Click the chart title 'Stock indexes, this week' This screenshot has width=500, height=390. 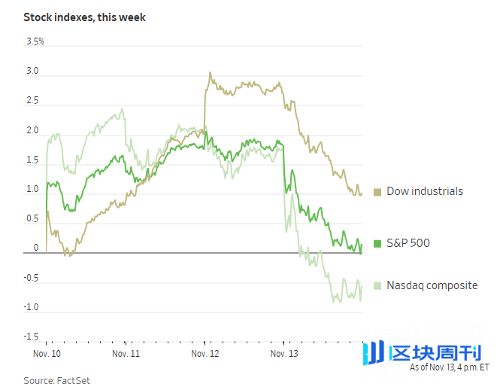click(x=85, y=17)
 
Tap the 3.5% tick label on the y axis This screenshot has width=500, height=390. click(x=35, y=41)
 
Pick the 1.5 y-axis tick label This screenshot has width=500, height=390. click(x=32, y=160)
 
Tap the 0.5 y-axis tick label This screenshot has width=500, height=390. click(x=32, y=219)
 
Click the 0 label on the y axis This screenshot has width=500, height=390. click(x=35, y=248)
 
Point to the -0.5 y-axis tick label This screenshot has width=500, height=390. click(x=31, y=278)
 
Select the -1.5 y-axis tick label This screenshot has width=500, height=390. click(x=31, y=337)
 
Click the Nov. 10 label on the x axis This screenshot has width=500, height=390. click(x=47, y=352)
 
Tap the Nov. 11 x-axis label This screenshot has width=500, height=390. click(x=126, y=352)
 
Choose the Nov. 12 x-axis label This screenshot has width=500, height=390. click(x=205, y=352)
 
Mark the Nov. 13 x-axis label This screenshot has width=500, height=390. click(x=283, y=352)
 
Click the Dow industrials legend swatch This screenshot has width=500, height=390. click(x=377, y=192)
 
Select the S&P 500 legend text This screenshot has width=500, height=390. click(x=408, y=243)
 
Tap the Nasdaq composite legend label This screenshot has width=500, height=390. click(x=432, y=285)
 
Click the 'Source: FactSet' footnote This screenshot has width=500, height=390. click(x=56, y=380)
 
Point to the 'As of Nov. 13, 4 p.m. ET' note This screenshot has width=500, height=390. click(x=449, y=368)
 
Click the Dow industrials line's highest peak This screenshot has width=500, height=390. click(x=210, y=72)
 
